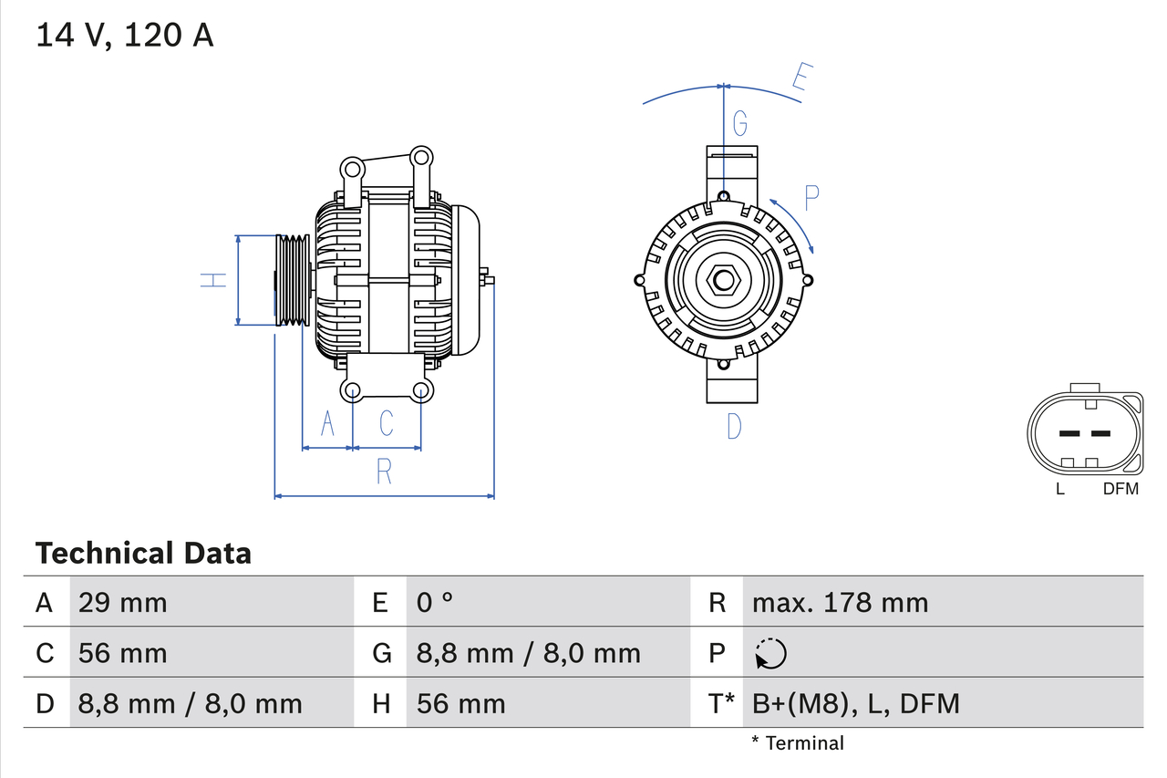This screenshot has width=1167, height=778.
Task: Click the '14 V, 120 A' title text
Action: pyautogui.click(x=125, y=36)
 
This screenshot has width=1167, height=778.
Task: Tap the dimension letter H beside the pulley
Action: pyautogui.click(x=213, y=280)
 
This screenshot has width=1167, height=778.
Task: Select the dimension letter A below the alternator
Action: pyautogui.click(x=328, y=423)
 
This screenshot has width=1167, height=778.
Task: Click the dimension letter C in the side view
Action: pyautogui.click(x=386, y=423)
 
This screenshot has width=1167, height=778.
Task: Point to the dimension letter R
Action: pyautogui.click(x=384, y=472)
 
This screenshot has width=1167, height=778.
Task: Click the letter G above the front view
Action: pyautogui.click(x=740, y=121)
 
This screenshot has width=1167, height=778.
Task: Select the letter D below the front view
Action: pyautogui.click(x=734, y=426)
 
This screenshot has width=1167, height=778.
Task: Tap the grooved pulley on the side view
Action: pyautogui.click(x=292, y=280)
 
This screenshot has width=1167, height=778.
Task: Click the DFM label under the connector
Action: pyautogui.click(x=1121, y=489)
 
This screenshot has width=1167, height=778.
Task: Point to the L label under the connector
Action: pyautogui.click(x=1059, y=489)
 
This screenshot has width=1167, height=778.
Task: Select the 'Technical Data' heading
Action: pyautogui.click(x=143, y=554)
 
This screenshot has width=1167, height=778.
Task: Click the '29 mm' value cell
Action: pyautogui.click(x=123, y=602)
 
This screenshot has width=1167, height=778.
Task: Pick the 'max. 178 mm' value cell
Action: pyautogui.click(x=840, y=602)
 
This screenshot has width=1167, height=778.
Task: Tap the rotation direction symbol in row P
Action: pyautogui.click(x=770, y=653)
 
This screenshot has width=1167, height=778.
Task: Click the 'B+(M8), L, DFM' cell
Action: pyautogui.click(x=855, y=703)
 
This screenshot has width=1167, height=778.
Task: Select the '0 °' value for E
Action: pyautogui.click(x=435, y=602)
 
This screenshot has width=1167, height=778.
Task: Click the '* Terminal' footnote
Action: pyautogui.click(x=798, y=743)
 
